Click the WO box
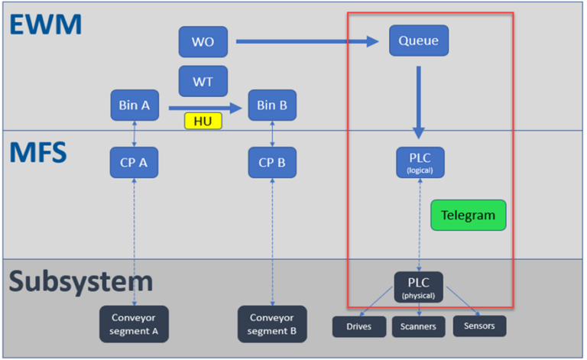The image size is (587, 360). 203,41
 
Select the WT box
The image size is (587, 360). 203,81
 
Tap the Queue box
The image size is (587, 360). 418,41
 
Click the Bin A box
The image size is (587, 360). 135,105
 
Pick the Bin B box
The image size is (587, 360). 272,105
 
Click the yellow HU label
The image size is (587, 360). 203,121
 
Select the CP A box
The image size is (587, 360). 135,162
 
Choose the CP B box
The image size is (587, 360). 272,162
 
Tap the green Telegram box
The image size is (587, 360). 468,216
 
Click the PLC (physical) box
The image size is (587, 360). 418,287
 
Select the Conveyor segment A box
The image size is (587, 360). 134,324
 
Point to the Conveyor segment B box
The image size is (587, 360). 272,324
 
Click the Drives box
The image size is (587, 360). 358,326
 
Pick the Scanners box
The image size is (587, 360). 419,326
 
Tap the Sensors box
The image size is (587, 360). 479,326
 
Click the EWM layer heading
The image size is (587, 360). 46,24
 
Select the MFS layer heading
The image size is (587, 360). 38,151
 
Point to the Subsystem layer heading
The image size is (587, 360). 81,281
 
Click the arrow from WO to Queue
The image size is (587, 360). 306,41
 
